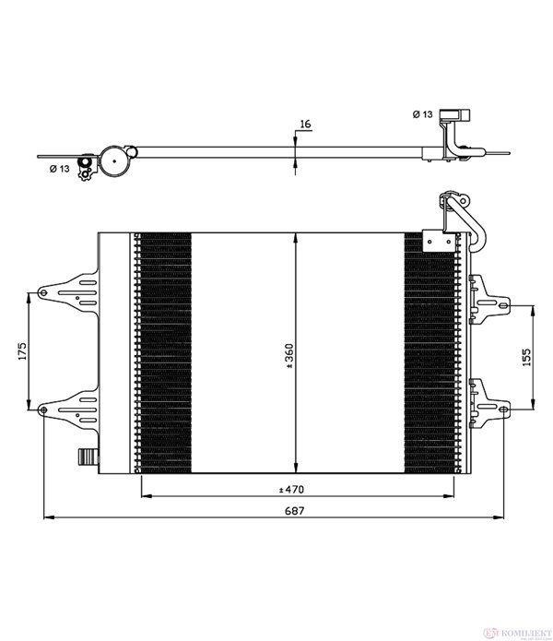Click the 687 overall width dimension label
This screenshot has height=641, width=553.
[x=294, y=511]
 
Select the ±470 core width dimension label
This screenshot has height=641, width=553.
[x=291, y=489]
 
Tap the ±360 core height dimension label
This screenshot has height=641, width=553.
[x=289, y=356]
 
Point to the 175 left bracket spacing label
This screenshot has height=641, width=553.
[x=21, y=351]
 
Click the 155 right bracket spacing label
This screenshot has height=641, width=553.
[x=526, y=357]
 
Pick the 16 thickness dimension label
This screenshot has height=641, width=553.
[x=305, y=124]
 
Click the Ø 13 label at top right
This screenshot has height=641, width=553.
[x=422, y=114]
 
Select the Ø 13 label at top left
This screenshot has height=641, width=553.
[x=60, y=169]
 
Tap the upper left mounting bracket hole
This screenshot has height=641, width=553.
[x=42, y=292]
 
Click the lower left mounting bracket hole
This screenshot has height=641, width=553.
[x=42, y=410]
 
